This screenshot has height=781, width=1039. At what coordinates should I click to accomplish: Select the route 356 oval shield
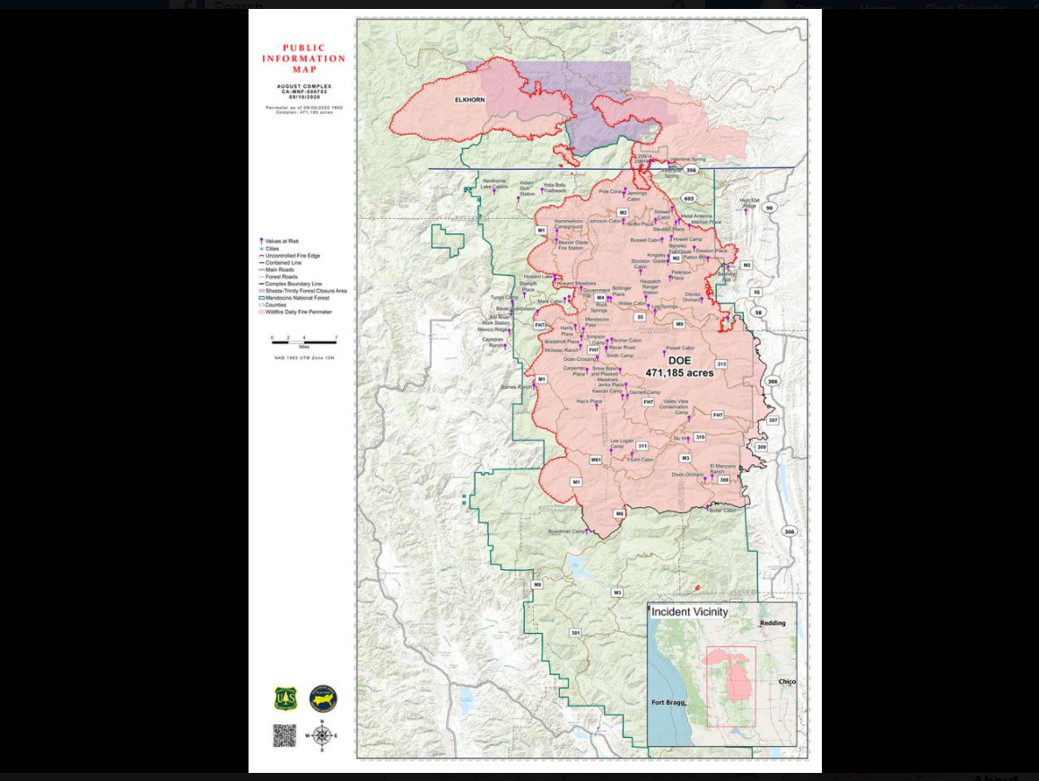[x=690, y=170]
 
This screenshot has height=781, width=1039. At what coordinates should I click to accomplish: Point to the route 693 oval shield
[x=689, y=198]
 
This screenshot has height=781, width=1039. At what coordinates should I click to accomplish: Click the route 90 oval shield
[x=769, y=208]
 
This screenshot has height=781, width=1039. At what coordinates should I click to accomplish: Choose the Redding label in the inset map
[x=772, y=622]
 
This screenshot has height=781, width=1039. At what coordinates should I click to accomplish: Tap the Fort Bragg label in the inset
[x=669, y=702]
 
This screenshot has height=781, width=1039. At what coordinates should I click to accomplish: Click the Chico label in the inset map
[x=787, y=682]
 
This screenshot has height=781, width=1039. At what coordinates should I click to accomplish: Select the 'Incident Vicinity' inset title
[x=689, y=612]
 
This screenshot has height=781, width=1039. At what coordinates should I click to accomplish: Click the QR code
[x=284, y=735]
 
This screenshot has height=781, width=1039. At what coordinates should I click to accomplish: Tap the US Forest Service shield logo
[x=285, y=698]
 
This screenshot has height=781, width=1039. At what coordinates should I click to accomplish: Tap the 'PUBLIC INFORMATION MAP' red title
[x=303, y=58]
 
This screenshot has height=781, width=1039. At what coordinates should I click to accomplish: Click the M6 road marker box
[x=619, y=513]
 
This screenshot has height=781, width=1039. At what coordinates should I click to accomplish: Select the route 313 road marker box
[x=720, y=364]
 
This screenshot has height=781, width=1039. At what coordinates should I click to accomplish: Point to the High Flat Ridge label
[x=749, y=203]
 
